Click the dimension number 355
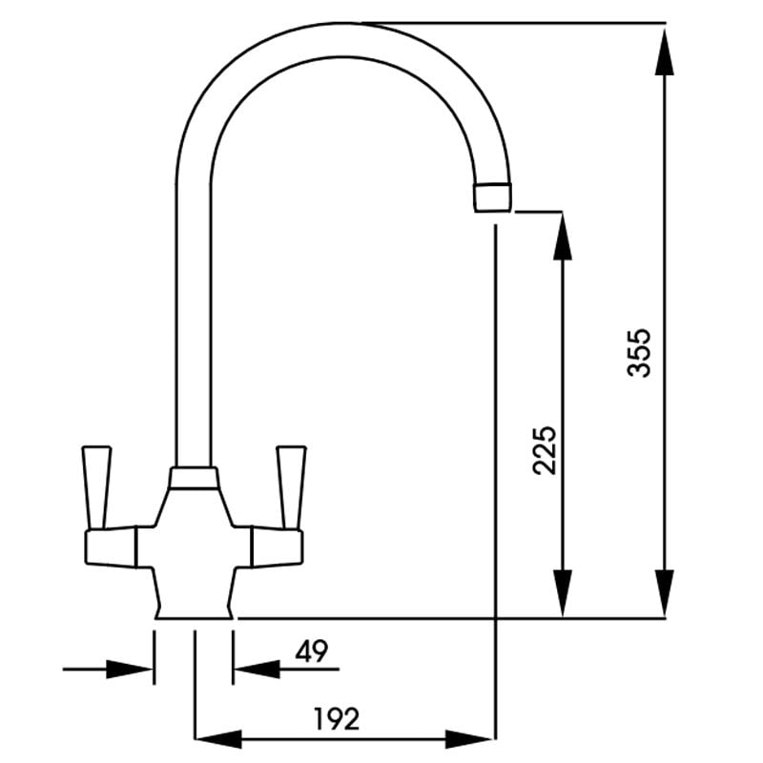point(638,353)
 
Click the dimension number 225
point(544,450)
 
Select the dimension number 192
point(337,719)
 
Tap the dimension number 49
point(312,651)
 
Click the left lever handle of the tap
point(97,487)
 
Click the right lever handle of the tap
point(291,487)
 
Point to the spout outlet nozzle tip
point(492,198)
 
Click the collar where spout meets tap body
point(194,478)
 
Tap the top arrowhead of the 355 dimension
point(664,52)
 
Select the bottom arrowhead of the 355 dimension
point(664,593)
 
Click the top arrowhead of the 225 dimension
point(562,237)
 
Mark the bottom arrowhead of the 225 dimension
point(562,593)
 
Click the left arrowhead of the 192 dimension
point(218,739)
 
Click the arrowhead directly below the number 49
point(257,670)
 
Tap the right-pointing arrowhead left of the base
point(130,670)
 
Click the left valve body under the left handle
point(111,547)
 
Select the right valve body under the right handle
point(277,547)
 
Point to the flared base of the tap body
point(195,593)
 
